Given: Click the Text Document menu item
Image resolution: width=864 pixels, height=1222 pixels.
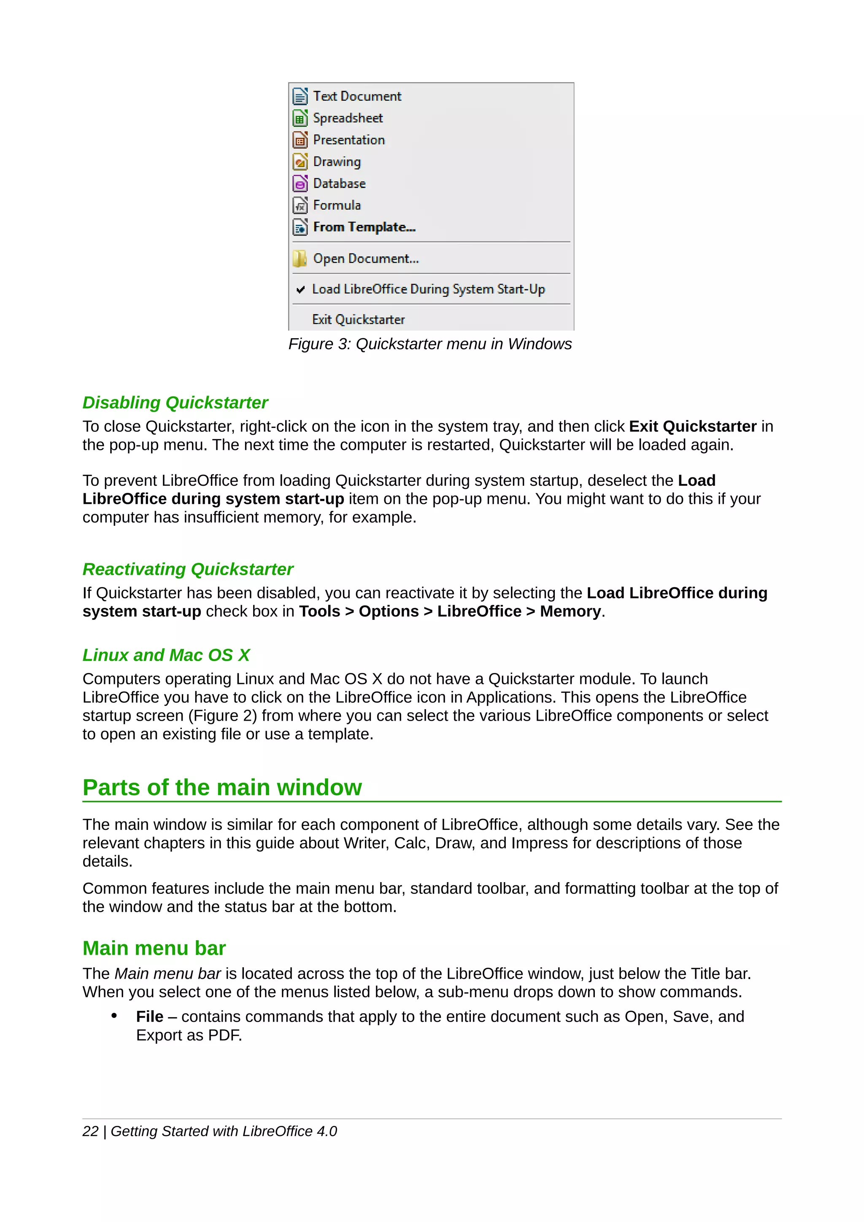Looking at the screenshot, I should click(x=356, y=96).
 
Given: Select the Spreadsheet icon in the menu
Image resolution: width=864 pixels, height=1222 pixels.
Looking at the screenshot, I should click(x=300, y=118).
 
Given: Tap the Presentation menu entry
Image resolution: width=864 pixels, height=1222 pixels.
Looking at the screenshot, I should click(x=349, y=140).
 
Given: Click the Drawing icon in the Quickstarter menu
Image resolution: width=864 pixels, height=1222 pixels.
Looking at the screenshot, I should click(x=300, y=162).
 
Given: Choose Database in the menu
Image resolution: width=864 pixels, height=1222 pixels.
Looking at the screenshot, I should click(x=339, y=183).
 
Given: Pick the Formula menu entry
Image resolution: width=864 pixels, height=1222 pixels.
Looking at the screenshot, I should click(x=336, y=205).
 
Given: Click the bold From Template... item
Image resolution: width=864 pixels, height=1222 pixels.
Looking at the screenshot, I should click(x=364, y=227).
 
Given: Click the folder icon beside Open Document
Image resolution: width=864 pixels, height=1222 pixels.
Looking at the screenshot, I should click(x=299, y=258).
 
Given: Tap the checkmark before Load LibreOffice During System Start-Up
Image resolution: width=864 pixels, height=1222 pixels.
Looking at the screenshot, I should click(x=301, y=290).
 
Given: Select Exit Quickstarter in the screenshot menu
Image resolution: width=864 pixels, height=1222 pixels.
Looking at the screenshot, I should click(x=358, y=320).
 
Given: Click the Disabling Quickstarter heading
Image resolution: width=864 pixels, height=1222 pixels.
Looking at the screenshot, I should click(x=175, y=403).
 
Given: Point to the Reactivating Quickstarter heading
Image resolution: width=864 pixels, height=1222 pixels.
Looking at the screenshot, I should click(x=187, y=570).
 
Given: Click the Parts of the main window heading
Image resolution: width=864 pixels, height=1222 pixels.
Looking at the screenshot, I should click(x=222, y=788).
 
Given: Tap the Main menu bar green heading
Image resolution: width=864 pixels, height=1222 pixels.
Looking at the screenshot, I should click(x=154, y=948).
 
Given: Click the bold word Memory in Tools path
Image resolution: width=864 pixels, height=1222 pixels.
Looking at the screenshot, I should click(x=570, y=611).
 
